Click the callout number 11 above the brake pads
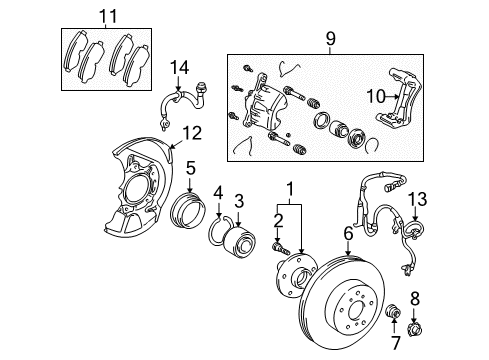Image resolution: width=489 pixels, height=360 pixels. click(x=109, y=16)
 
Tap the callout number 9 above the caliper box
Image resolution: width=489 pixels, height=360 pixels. click(x=330, y=39)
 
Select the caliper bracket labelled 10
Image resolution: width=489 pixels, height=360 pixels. click(x=400, y=99)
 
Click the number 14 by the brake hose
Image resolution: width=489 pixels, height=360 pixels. click(x=180, y=67)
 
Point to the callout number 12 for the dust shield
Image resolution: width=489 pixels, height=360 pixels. click(x=192, y=133)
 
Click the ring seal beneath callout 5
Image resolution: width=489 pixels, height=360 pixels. click(x=187, y=210)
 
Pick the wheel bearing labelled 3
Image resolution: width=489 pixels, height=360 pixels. click(x=239, y=242)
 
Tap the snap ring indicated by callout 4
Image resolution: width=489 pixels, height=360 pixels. click(x=219, y=231)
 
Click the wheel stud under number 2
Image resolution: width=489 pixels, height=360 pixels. click(x=280, y=249)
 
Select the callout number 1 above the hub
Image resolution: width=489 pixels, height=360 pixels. click(x=291, y=189)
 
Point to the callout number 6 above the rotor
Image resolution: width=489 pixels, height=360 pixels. click(x=348, y=234)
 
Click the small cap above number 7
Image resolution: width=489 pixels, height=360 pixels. click(x=393, y=311)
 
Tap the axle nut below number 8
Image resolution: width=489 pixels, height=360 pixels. click(x=414, y=329)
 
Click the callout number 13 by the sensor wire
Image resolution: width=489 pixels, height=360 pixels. click(x=417, y=199)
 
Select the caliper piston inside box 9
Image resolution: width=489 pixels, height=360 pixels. click(x=339, y=128)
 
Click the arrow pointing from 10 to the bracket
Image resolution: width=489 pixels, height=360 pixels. click(x=392, y=97)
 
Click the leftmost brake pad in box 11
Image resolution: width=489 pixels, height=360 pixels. click(x=75, y=51)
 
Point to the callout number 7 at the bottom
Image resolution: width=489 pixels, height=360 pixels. click(x=396, y=343)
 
